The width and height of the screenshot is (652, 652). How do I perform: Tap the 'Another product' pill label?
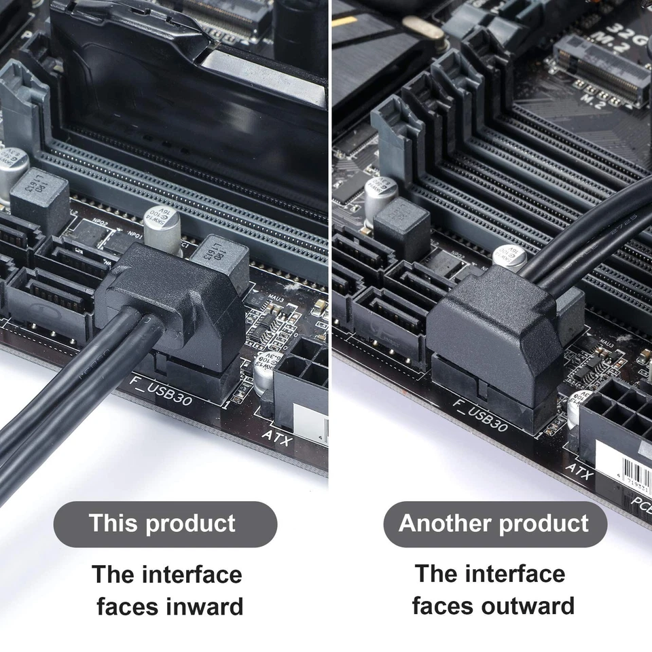click(494, 524)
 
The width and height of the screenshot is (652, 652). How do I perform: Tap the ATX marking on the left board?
click(276, 439)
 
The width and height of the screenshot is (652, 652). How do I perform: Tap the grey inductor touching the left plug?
click(221, 261)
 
